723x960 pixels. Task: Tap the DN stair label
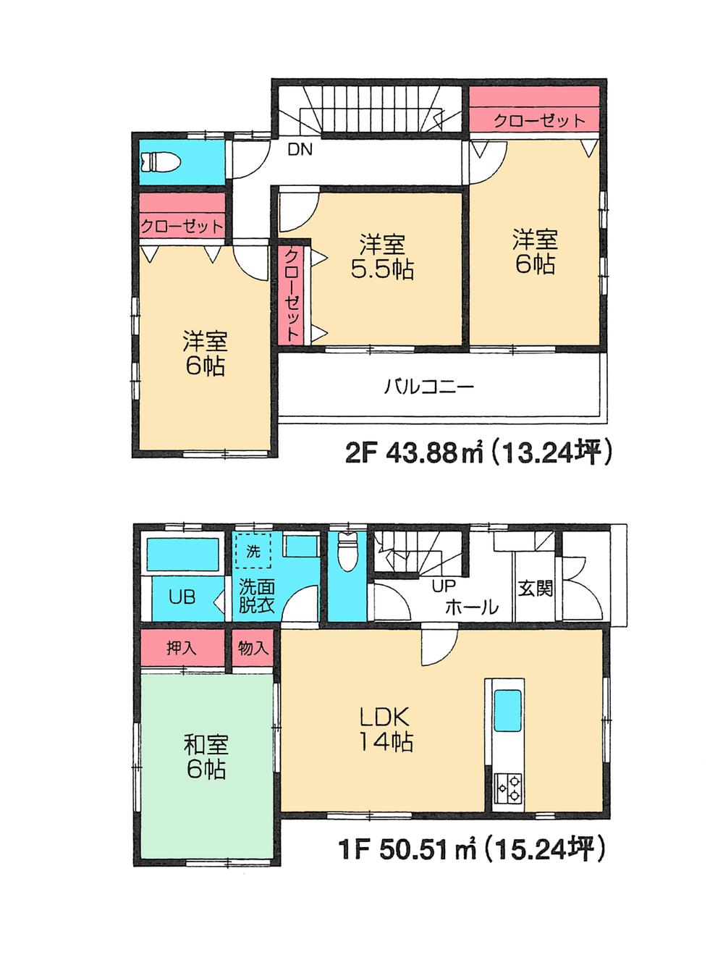click(x=300, y=151)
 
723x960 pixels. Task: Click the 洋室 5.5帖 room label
click(x=381, y=257)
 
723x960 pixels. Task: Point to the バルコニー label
click(x=428, y=386)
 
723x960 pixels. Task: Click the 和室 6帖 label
click(x=206, y=757)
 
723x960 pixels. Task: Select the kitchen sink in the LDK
click(x=507, y=711)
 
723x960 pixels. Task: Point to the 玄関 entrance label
click(x=535, y=588)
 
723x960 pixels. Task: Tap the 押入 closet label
click(x=181, y=647)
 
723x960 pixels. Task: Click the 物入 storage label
click(x=253, y=647)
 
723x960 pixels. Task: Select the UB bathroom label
click(x=182, y=598)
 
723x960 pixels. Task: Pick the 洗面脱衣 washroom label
click(x=255, y=596)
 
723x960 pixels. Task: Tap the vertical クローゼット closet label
click(x=291, y=295)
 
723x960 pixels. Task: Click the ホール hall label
click(x=471, y=607)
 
